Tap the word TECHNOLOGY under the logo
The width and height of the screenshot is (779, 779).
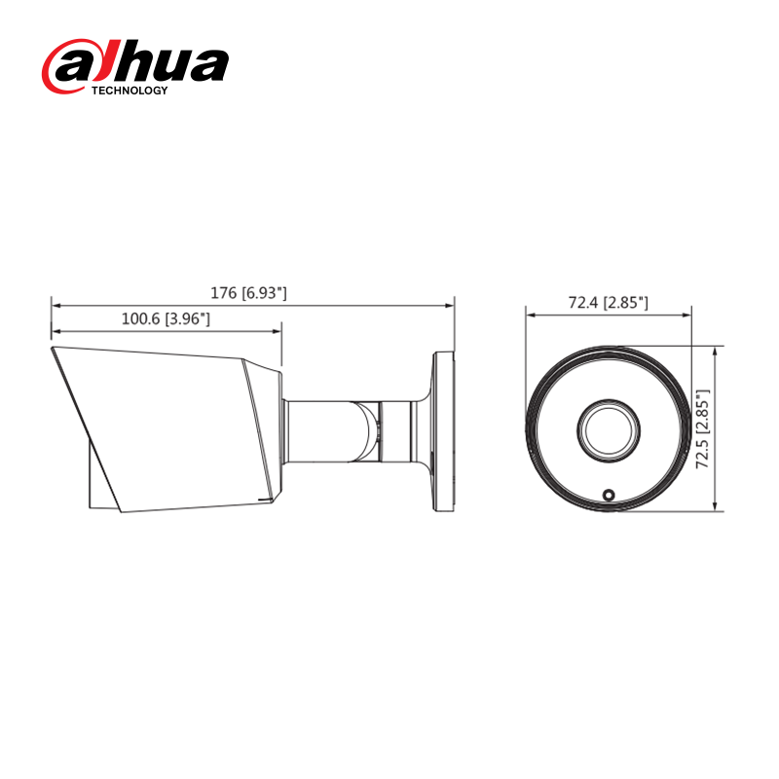pyautogui.click(x=130, y=91)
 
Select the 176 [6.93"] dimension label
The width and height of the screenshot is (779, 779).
pyautogui.click(x=249, y=292)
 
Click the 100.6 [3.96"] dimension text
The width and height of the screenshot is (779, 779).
pyautogui.click(x=166, y=318)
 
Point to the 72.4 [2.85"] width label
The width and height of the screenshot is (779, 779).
pyautogui.click(x=609, y=303)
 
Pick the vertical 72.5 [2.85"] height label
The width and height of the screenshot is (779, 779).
pyautogui.click(x=703, y=428)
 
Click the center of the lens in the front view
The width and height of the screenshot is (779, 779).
pyautogui.click(x=609, y=427)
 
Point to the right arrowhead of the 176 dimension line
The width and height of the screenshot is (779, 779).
pyautogui.click(x=450, y=305)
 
